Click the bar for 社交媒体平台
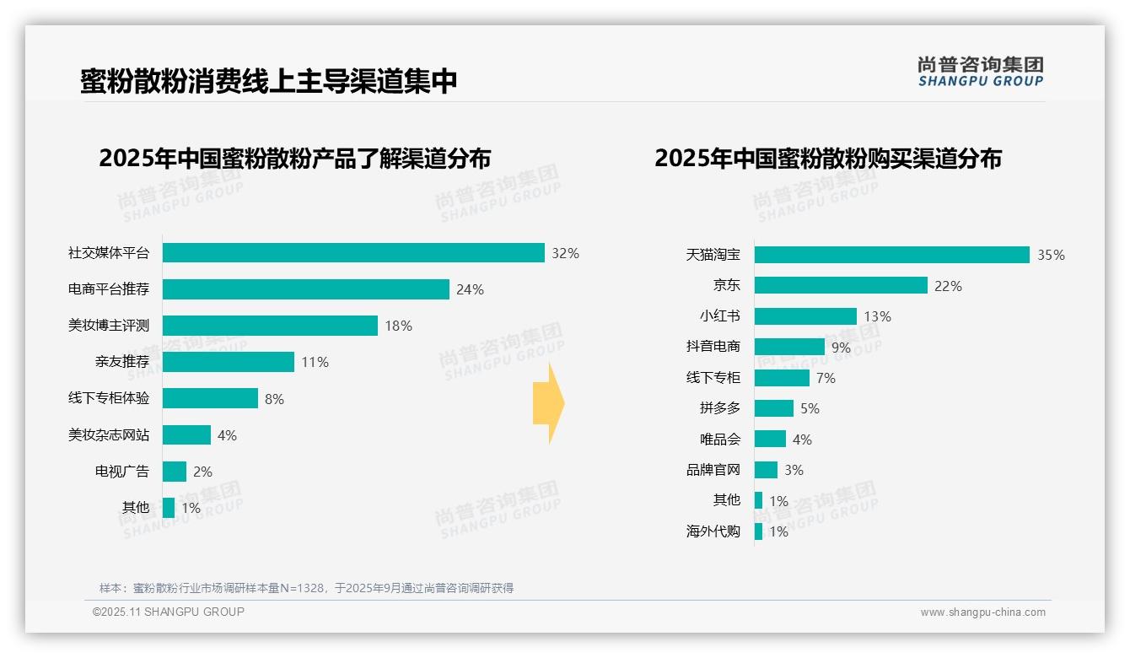pyautogui.click(x=353, y=253)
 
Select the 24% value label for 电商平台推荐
pyautogui.click(x=470, y=290)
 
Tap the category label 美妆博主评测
pyautogui.click(x=109, y=326)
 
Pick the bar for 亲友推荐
pyautogui.click(x=229, y=362)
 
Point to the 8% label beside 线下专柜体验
pyautogui.click(x=274, y=399)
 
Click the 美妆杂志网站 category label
pyautogui.click(x=109, y=435)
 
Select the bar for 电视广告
pyautogui.click(x=175, y=472)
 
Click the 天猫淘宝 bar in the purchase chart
pyautogui.click(x=891, y=255)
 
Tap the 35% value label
pyautogui.click(x=1051, y=256)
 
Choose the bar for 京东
pyautogui.click(x=841, y=285)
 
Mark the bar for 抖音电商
pyautogui.click(x=789, y=347)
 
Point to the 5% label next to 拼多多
pyautogui.click(x=810, y=409)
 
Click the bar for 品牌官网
pyautogui.click(x=766, y=470)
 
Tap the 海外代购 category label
pyautogui.click(x=713, y=531)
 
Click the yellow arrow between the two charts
pyautogui.click(x=549, y=404)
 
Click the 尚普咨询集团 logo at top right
pyautogui.click(x=980, y=72)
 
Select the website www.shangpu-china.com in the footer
pyautogui.click(x=982, y=612)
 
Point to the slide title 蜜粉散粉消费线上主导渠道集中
pyautogui.click(x=269, y=81)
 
